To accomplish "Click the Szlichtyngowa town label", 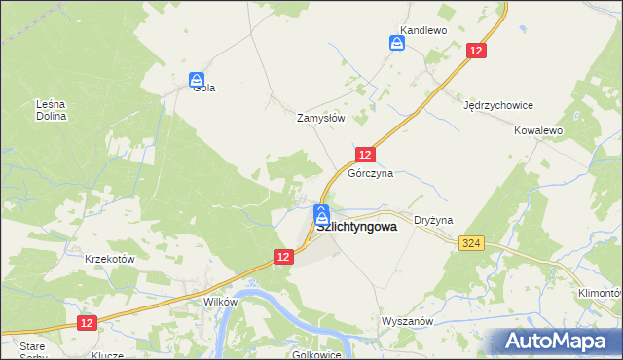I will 356,227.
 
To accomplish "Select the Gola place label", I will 203,88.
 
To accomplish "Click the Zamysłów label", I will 321,117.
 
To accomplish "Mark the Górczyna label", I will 371,173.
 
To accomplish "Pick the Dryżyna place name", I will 434,221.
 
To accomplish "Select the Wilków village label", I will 220,302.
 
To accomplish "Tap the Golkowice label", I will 315,354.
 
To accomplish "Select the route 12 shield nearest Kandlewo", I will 476,52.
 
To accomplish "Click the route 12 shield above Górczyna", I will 365,155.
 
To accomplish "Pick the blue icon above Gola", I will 197,78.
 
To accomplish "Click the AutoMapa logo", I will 556,342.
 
